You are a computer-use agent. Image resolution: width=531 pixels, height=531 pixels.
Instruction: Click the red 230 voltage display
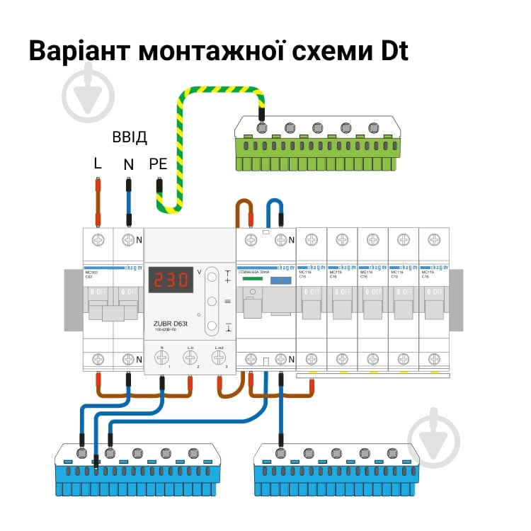(x=171, y=280)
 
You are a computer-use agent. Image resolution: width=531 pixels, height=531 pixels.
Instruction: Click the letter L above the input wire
(x=98, y=164)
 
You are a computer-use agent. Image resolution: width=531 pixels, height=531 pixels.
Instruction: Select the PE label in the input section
(x=158, y=164)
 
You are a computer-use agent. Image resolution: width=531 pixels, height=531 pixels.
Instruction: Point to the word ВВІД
(x=130, y=137)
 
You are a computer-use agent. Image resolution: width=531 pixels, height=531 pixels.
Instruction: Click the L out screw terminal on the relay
(x=219, y=358)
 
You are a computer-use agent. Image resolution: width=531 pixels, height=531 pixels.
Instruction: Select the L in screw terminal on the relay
(x=190, y=358)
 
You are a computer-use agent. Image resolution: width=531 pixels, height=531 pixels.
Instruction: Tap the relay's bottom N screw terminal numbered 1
(x=162, y=358)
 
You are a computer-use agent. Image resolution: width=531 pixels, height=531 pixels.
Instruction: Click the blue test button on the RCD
(x=281, y=280)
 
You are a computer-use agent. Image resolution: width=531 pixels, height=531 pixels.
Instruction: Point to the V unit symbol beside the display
(x=199, y=272)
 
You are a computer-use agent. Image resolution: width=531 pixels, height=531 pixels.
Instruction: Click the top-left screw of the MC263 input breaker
(x=98, y=239)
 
